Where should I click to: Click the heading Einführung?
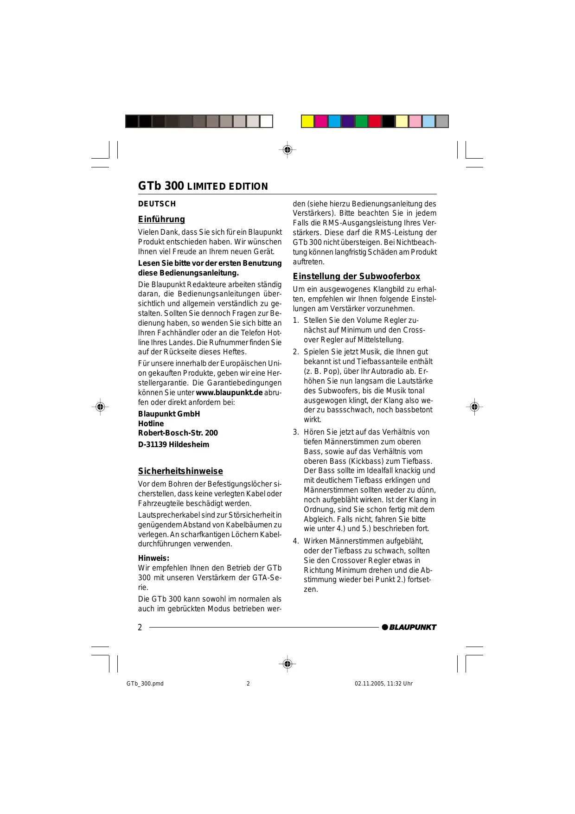[161, 219]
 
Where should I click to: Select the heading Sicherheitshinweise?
[180, 471]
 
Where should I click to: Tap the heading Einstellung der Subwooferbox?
[356, 276]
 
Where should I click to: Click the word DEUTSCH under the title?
[157, 204]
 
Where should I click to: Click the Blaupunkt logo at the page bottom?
[409, 627]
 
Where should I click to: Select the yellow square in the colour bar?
[308, 122]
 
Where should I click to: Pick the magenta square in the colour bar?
[321, 122]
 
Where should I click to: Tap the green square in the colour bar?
[362, 122]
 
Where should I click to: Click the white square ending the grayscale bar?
[266, 122]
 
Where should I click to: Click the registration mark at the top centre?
[287, 150]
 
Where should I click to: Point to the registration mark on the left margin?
[100, 407]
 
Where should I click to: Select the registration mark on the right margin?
[474, 407]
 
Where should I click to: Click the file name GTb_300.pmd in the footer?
[145, 684]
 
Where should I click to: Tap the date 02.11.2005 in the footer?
[370, 684]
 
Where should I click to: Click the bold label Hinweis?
[154, 558]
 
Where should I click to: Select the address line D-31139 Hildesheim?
[173, 445]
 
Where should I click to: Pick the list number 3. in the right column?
[296, 432]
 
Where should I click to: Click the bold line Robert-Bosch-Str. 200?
[178, 433]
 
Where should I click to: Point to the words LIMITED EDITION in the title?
[227, 187]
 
